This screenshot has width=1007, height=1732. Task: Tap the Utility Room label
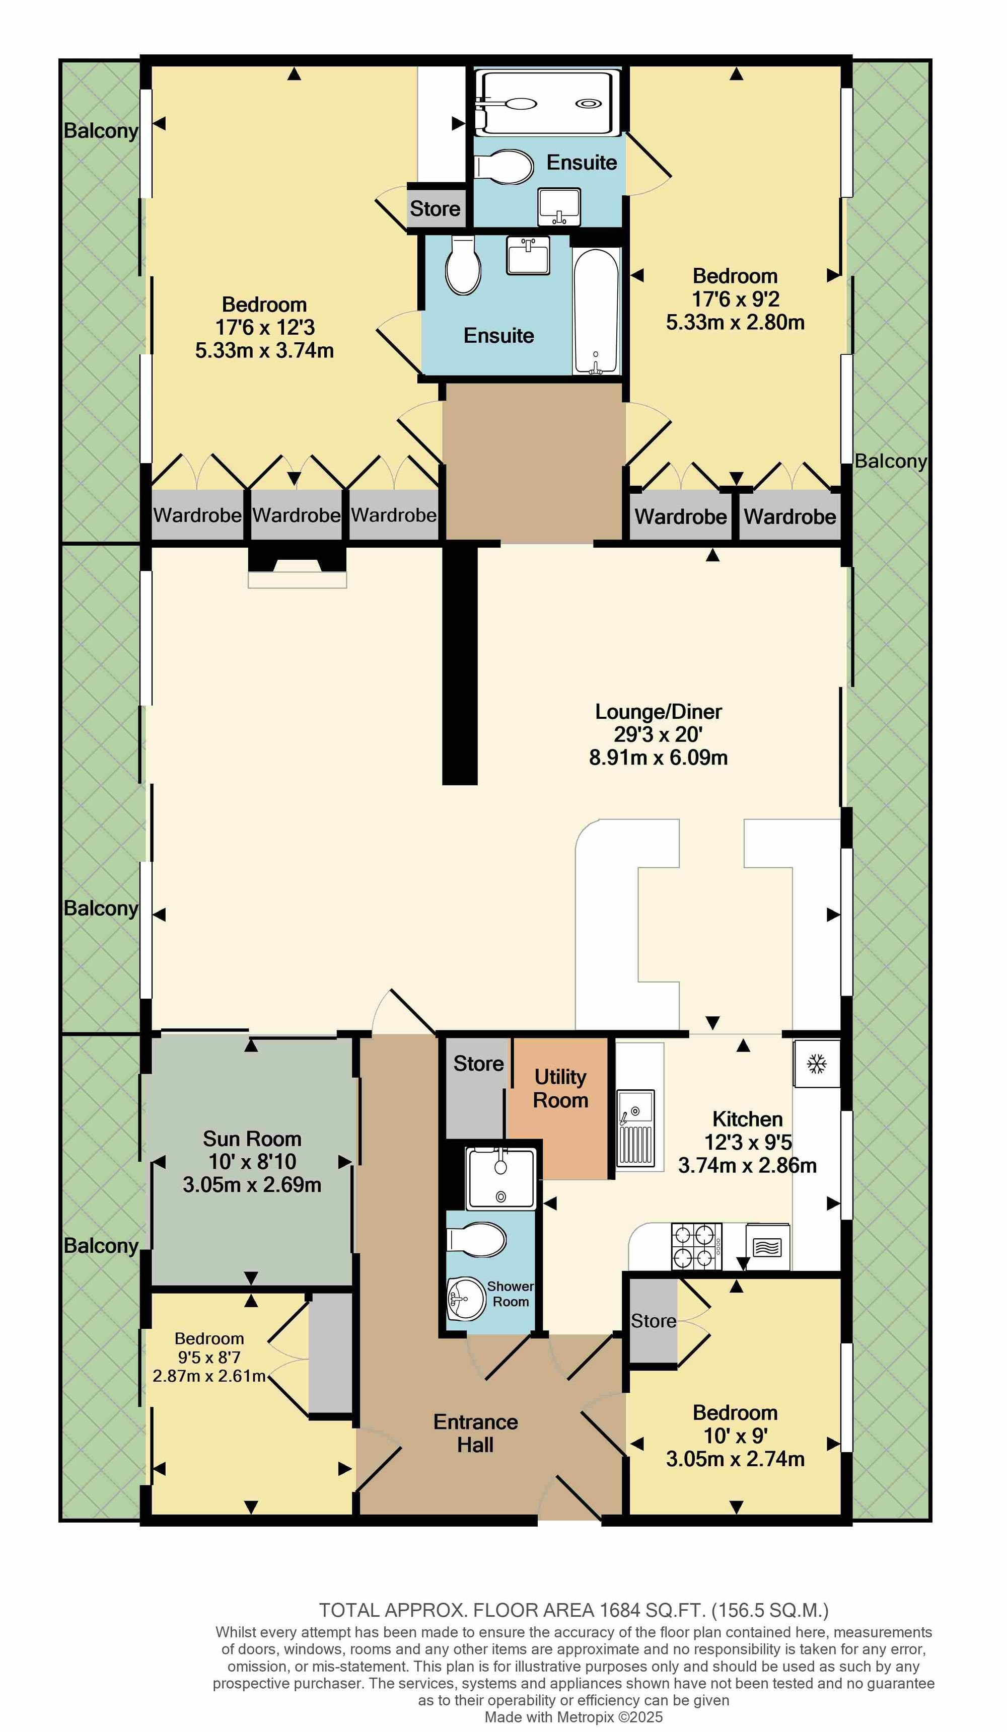(x=560, y=1088)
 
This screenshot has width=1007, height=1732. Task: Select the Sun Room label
(x=252, y=1138)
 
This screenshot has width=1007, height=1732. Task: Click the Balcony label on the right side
(x=891, y=461)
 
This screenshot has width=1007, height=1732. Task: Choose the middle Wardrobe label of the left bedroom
(x=296, y=515)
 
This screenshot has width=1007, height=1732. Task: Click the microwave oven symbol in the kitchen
(x=767, y=1246)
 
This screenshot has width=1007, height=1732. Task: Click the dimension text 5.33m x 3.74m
(x=265, y=350)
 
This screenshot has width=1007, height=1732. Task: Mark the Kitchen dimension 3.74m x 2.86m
(x=748, y=1166)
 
